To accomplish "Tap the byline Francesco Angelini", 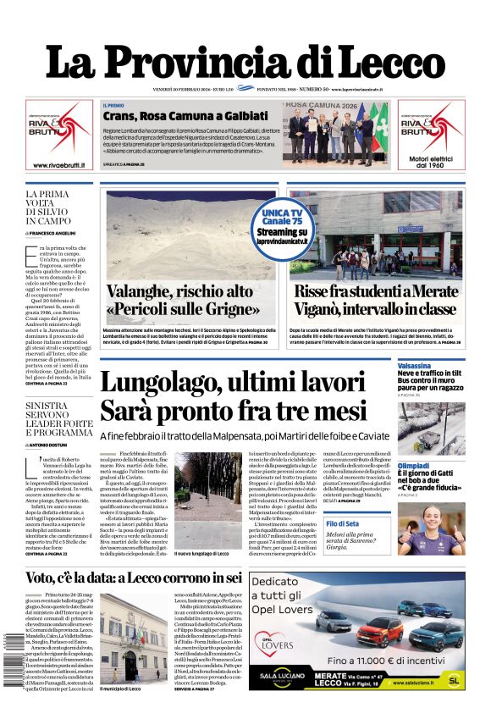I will pyautogui.click(x=53, y=232).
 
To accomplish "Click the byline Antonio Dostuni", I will pyautogui.click(x=52, y=445).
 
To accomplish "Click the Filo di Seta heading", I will pyautogui.click(x=414, y=525).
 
